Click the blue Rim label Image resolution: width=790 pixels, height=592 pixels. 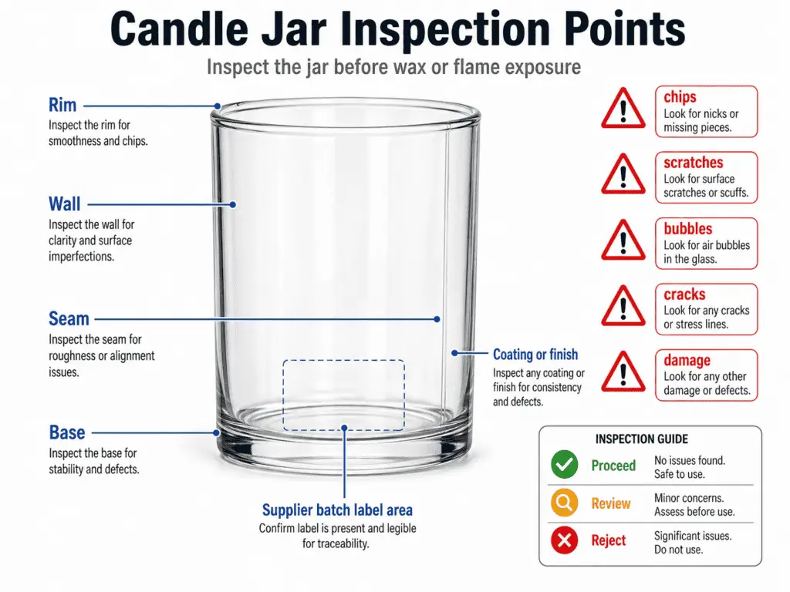pos(62,105)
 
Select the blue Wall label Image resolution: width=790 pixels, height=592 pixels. pos(64,203)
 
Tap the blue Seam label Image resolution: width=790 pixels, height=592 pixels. pos(69,318)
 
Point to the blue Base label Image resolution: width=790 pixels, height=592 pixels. pos(67,432)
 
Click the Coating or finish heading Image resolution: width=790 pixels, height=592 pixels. pos(535,355)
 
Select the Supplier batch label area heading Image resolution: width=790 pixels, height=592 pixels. pos(337,510)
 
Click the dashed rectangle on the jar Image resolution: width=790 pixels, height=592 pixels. pos(343,395)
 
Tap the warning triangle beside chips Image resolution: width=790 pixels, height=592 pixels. pos(623,109)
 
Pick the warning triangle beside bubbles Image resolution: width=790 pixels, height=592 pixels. pos(623,241)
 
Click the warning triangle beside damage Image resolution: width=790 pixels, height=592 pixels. pos(623,373)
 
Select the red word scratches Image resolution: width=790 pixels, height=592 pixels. pos(693,163)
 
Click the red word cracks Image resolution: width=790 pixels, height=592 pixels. pos(684,294)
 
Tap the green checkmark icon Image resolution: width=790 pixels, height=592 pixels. pos(564,465)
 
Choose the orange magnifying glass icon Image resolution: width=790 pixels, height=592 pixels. pos(564,503)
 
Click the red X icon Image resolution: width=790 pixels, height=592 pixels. pos(564,541)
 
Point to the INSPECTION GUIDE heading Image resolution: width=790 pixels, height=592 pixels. pos(642,439)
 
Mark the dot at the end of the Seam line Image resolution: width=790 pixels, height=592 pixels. pos(437,318)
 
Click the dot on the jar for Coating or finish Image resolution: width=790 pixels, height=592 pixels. pos(454,352)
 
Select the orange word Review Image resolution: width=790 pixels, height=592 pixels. pos(611,503)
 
